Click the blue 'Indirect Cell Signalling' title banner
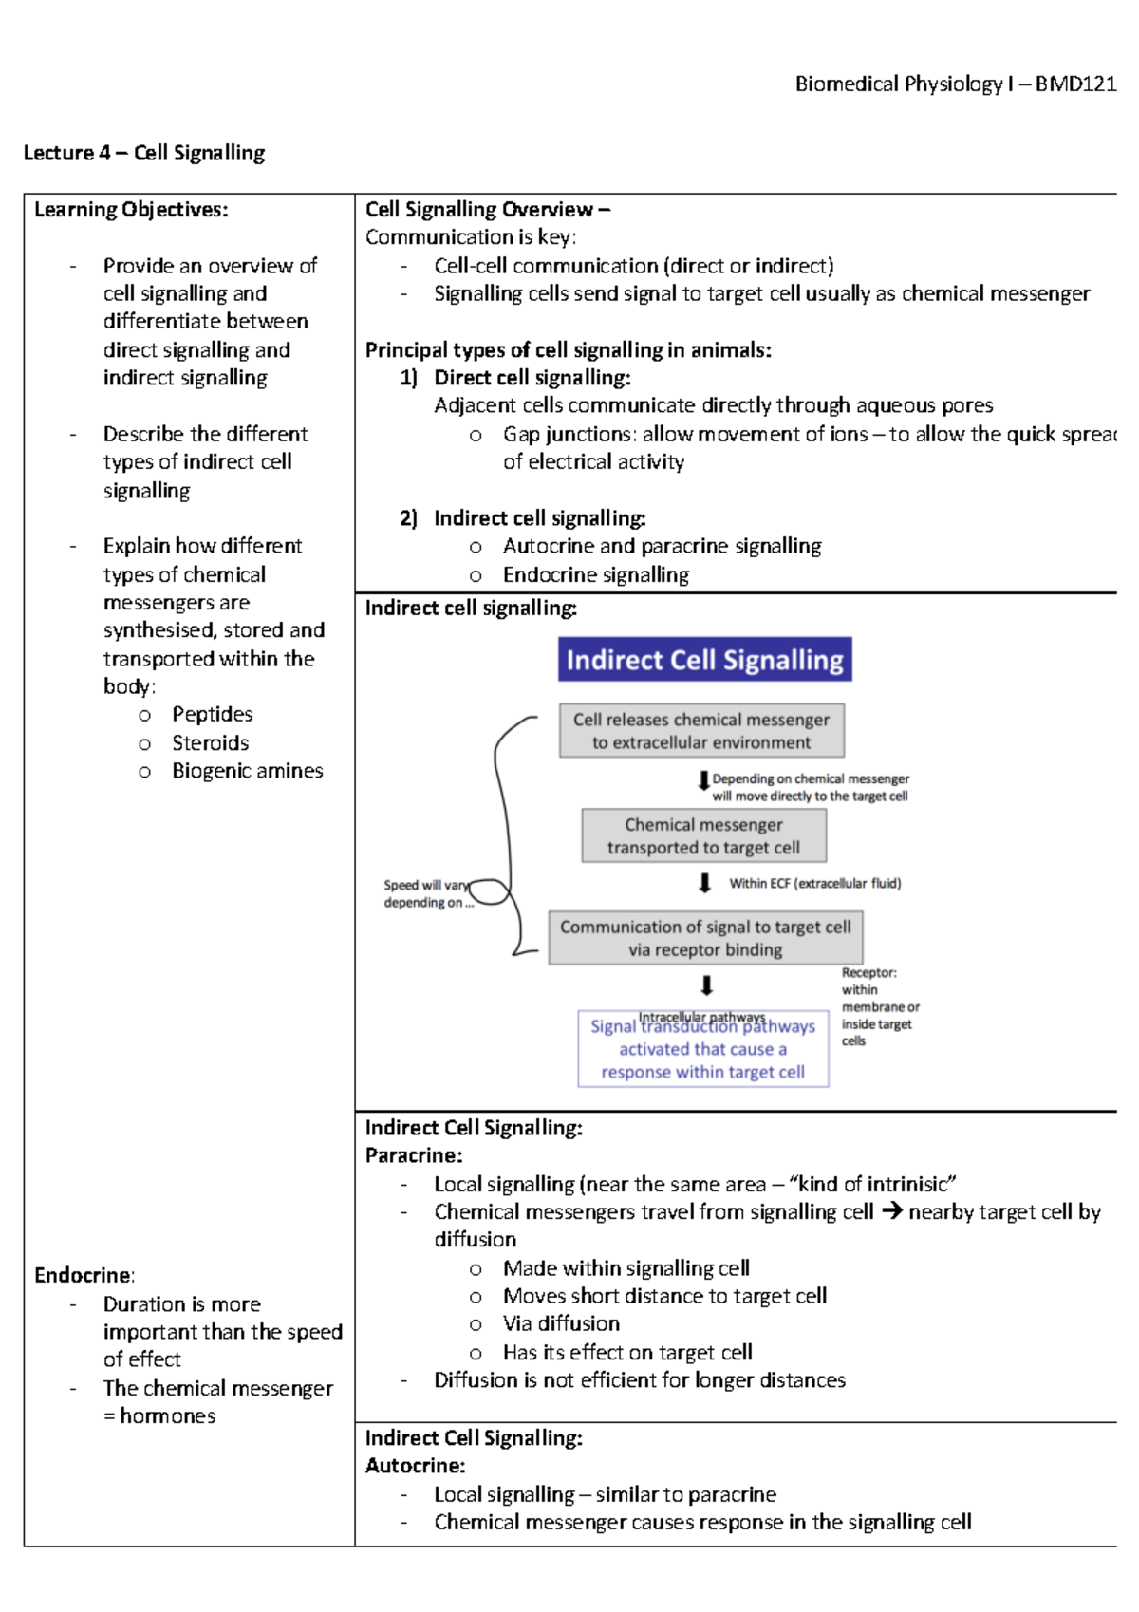(x=704, y=660)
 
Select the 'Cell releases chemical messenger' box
(x=701, y=731)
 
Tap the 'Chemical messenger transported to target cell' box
(x=703, y=835)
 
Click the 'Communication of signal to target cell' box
(x=705, y=938)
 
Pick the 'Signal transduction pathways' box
(x=702, y=1049)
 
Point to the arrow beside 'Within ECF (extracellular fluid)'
(x=704, y=884)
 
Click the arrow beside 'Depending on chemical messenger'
(x=703, y=780)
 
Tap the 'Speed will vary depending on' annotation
(x=426, y=893)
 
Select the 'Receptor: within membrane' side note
(x=878, y=1006)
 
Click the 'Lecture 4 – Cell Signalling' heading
(x=144, y=153)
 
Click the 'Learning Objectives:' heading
(x=131, y=210)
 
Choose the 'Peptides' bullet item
(x=212, y=714)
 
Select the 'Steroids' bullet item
(x=210, y=742)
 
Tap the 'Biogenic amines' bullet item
(x=247, y=771)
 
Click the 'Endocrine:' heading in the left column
(x=84, y=1275)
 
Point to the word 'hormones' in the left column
(x=167, y=1415)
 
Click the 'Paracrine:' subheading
(x=414, y=1155)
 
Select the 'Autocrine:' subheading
(x=415, y=1466)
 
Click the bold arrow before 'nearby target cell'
(x=891, y=1211)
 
